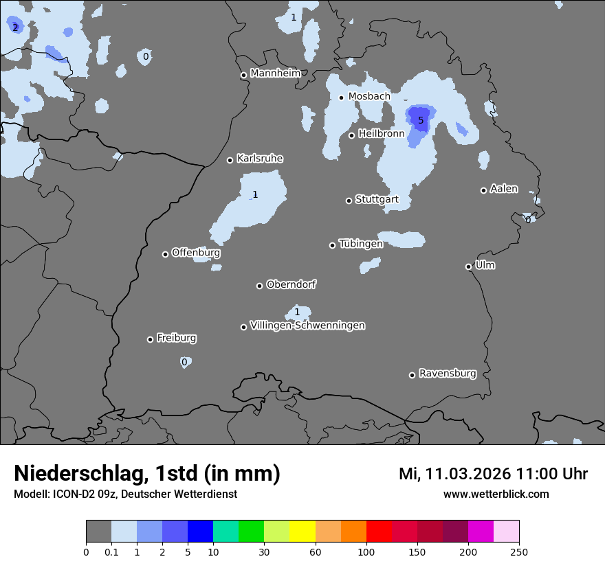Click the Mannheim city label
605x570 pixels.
(275, 73)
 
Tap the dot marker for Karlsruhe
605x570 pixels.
(230, 161)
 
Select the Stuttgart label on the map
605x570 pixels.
(377, 199)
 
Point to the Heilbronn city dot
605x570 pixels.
(352, 135)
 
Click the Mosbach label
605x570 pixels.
(369, 96)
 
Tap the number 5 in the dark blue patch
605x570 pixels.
(421, 120)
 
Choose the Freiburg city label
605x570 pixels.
(176, 338)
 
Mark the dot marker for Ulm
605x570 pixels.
(469, 267)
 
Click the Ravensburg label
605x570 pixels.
(448, 374)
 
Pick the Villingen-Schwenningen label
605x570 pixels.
(307, 326)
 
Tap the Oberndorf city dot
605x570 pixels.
(260, 286)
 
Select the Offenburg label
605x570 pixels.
(196, 253)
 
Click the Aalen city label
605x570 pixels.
(504, 189)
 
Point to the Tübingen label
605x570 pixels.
(361, 244)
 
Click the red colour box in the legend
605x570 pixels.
(379, 532)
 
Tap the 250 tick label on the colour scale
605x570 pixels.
(518, 551)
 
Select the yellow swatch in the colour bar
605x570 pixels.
(302, 532)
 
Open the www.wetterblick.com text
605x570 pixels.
(496, 494)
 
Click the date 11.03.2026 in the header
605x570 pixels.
(467, 474)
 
